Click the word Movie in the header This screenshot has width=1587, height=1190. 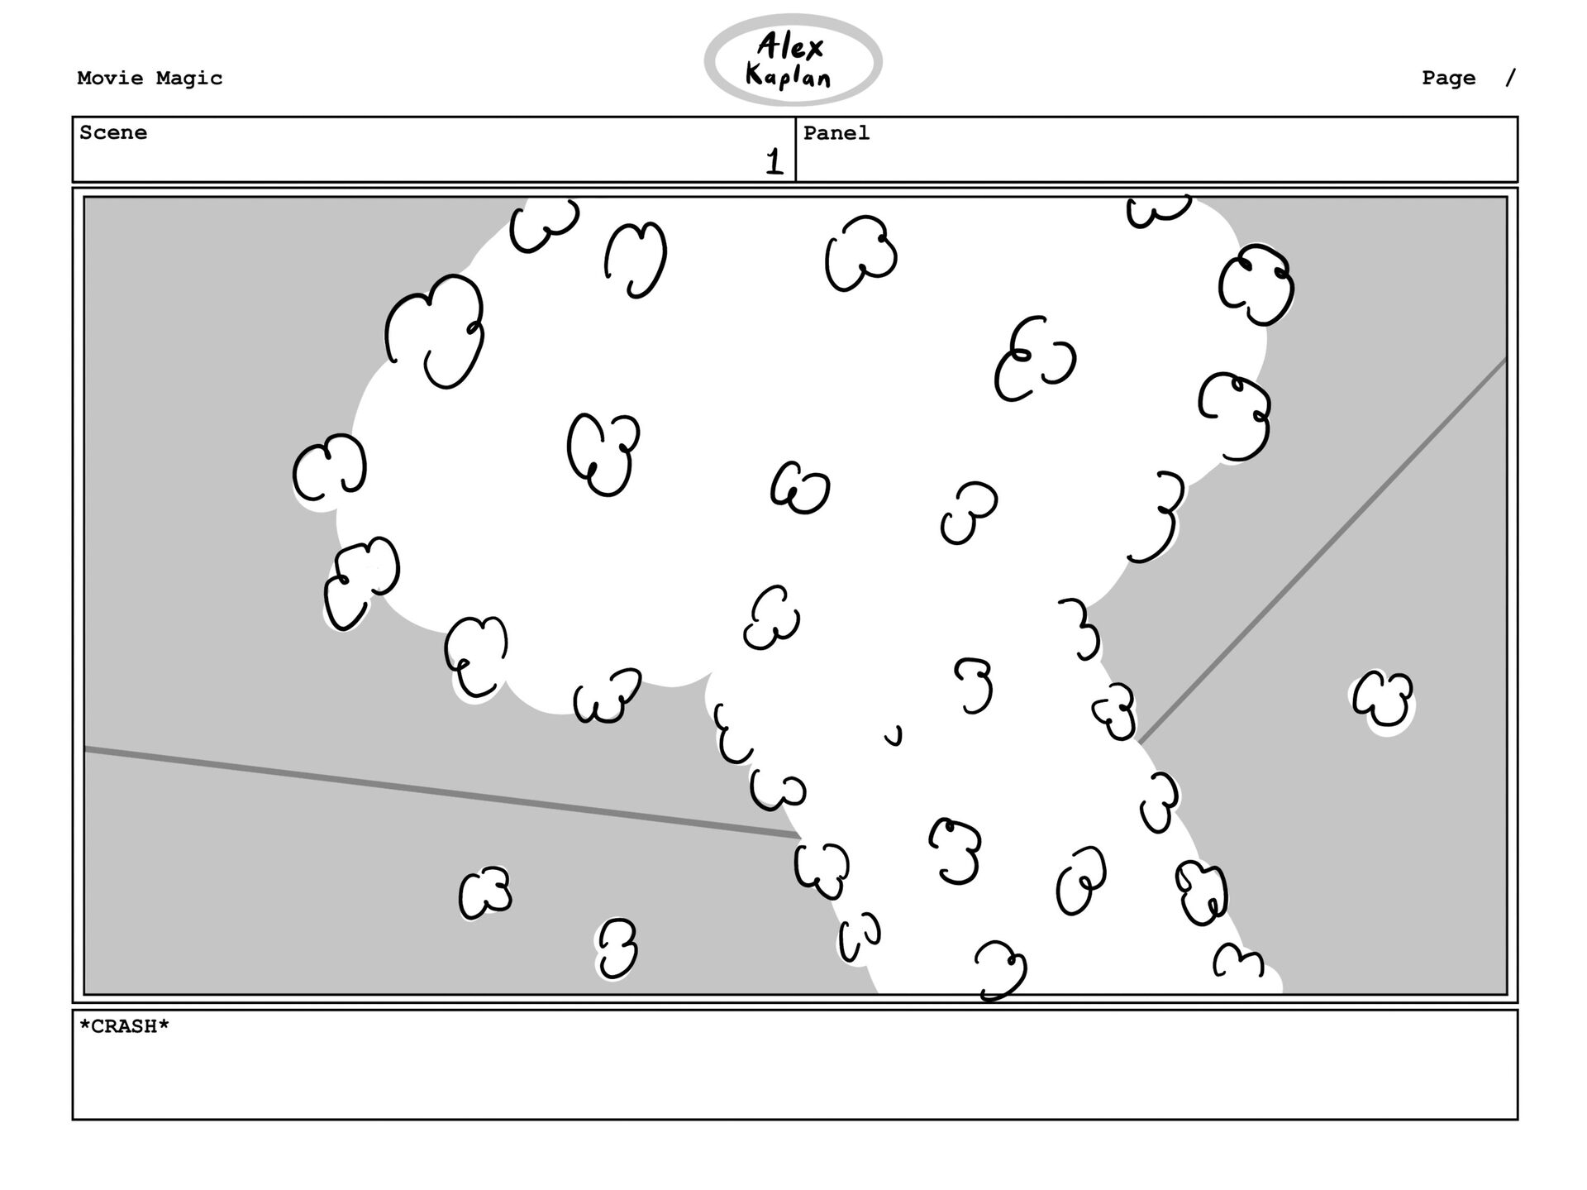pos(111,79)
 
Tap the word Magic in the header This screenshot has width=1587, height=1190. pos(189,79)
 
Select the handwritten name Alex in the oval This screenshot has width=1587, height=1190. pos(790,47)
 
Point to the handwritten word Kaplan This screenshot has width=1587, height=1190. pos(788,77)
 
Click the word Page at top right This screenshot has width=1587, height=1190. pos(1448,79)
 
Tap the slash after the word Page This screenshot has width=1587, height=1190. pos(1511,78)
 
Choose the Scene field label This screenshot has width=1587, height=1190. pos(113,133)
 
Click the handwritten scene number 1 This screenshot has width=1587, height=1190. pos(774,161)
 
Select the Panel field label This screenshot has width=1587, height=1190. pos(836,133)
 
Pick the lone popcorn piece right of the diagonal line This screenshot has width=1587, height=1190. pos(1383,700)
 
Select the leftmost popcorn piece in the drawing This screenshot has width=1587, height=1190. pos(329,468)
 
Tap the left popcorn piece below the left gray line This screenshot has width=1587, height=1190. pos(485,892)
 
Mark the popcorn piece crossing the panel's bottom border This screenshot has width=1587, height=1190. pos(1001,969)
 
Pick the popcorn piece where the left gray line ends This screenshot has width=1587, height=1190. pos(821,868)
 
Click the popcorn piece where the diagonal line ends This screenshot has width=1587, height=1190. pos(1116,711)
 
